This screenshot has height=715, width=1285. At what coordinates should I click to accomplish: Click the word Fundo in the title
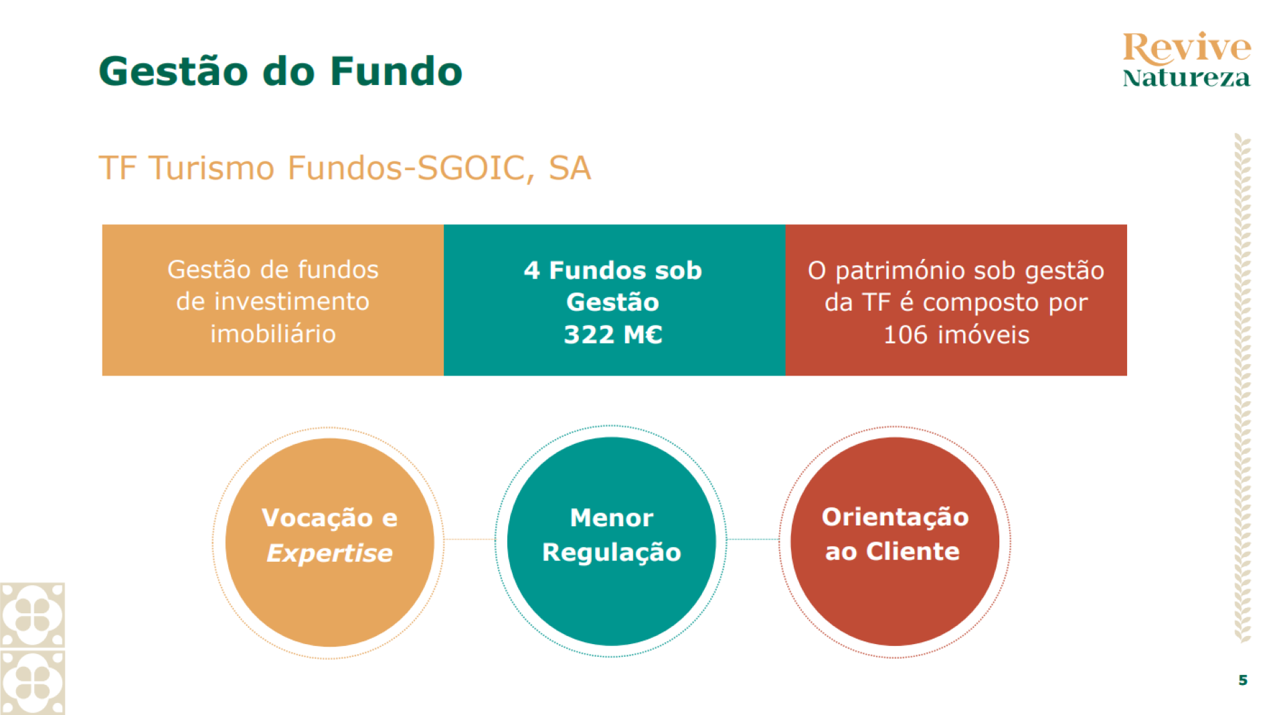click(x=396, y=71)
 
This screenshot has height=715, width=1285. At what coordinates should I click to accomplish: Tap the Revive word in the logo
click(x=1187, y=48)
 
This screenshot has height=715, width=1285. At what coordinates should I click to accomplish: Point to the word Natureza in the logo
click(x=1187, y=78)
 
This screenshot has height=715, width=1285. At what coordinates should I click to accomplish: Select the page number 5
click(x=1243, y=680)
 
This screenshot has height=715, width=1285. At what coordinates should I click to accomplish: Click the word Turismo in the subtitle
click(x=211, y=167)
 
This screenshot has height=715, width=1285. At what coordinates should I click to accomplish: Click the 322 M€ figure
click(x=613, y=334)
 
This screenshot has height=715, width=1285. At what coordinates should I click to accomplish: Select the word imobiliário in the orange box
click(x=273, y=333)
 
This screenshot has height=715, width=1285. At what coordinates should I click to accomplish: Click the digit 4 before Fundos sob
click(x=531, y=270)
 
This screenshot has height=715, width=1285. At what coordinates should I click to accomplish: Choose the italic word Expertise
click(x=329, y=554)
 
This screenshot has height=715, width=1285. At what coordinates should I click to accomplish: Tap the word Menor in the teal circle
click(x=612, y=518)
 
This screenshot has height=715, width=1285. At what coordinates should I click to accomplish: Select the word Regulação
click(x=612, y=553)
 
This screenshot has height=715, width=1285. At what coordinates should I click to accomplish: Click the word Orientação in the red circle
click(x=895, y=518)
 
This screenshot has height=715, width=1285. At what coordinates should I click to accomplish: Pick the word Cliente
click(x=913, y=552)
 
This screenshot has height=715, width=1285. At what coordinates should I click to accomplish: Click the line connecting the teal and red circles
click(x=753, y=539)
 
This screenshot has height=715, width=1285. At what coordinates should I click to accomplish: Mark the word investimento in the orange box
click(x=273, y=301)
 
